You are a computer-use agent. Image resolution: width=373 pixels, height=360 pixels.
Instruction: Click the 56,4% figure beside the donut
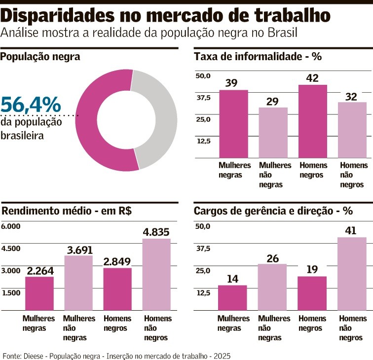tap(31, 105)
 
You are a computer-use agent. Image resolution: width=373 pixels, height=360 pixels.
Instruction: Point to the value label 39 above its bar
tap(231, 83)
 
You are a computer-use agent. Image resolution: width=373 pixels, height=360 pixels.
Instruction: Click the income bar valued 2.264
tap(39, 293)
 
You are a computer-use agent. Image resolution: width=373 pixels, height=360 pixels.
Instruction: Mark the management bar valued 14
tap(232, 297)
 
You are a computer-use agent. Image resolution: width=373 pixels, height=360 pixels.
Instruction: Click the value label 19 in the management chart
tap(311, 269)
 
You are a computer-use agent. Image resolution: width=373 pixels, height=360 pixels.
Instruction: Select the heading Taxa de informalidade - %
tap(258, 57)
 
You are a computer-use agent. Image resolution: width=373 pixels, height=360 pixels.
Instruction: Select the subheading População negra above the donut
tap(40, 57)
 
